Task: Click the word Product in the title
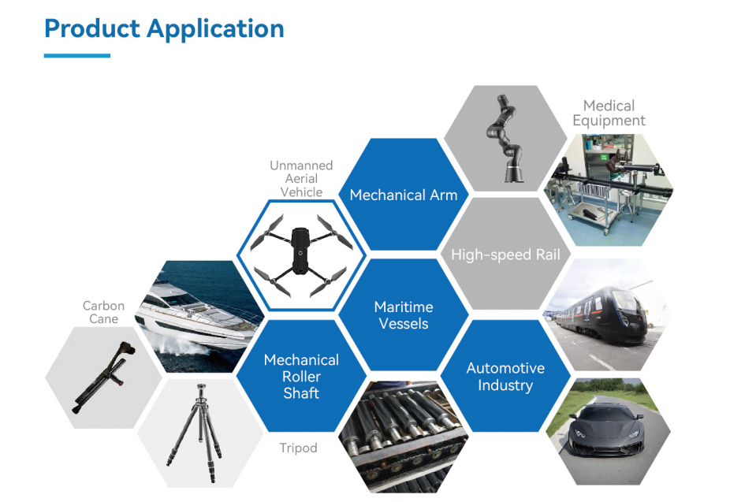point(91,28)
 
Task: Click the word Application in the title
point(215,30)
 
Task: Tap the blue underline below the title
point(77,56)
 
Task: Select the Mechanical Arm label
point(404,195)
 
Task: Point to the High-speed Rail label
point(505,255)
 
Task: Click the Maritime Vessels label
point(404,315)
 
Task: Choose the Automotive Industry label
point(505,377)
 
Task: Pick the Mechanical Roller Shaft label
point(301,377)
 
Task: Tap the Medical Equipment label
point(609,113)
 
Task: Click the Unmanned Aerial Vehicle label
point(301,179)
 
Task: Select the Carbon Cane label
point(103,312)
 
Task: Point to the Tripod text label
point(299,448)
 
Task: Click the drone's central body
point(300,251)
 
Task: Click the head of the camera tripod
point(201,391)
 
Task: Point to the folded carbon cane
point(104,377)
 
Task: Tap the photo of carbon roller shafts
point(403,437)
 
